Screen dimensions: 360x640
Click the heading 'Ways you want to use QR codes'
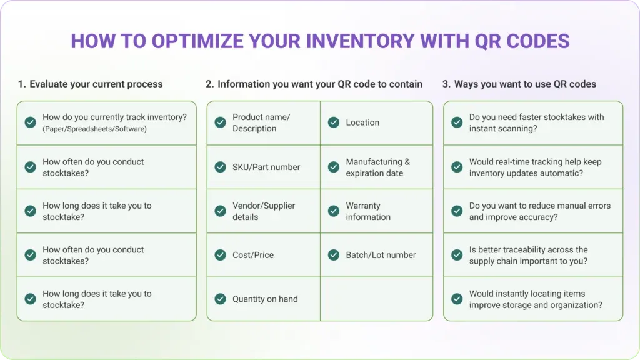pyautogui.click(x=525, y=84)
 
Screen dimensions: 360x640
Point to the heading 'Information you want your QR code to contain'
pyautogui.click(x=320, y=84)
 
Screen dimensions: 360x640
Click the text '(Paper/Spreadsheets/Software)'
pyautogui.click(x=94, y=129)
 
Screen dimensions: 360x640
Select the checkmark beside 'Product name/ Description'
pyautogui.click(x=220, y=122)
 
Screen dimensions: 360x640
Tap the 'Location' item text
pyautogui.click(x=362, y=122)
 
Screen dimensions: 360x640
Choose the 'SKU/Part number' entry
pyautogui.click(x=266, y=167)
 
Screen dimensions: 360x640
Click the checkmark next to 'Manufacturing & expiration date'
pyautogui.click(x=334, y=167)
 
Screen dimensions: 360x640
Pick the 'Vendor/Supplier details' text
pyautogui.click(x=264, y=211)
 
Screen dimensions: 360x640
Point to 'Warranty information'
pyautogui.click(x=368, y=211)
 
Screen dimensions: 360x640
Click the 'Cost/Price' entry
pyautogui.click(x=253, y=255)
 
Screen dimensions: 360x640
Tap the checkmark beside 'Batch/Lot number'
pyautogui.click(x=334, y=255)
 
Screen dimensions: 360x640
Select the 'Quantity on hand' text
pyautogui.click(x=265, y=299)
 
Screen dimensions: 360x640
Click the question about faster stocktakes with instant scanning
pyautogui.click(x=536, y=122)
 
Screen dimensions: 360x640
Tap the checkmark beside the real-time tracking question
pyautogui.click(x=457, y=167)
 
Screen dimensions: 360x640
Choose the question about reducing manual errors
pyautogui.click(x=539, y=211)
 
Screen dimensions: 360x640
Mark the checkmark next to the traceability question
pyautogui.click(x=457, y=255)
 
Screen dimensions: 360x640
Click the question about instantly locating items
pyautogui.click(x=536, y=299)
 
